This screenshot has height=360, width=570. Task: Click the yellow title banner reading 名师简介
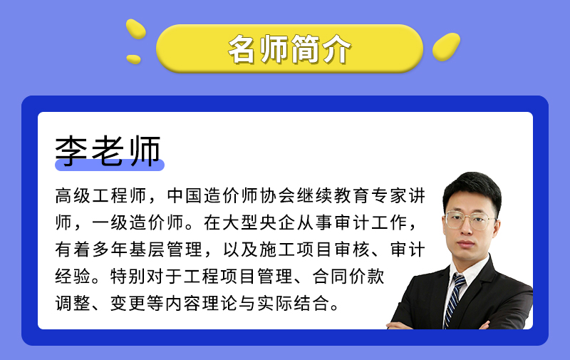(x=289, y=48)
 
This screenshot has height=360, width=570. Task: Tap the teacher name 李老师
(x=108, y=150)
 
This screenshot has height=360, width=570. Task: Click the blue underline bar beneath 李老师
(x=110, y=165)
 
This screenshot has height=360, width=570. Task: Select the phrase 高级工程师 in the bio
(x=101, y=195)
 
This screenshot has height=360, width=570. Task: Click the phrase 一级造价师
(x=138, y=222)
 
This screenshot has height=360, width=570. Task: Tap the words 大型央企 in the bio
(x=259, y=222)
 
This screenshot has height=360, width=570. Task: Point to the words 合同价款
(x=348, y=276)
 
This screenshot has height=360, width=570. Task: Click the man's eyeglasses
(x=470, y=220)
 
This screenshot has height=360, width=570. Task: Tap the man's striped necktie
(x=452, y=300)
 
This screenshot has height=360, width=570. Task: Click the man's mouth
(x=466, y=243)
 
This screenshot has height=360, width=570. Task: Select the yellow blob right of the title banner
(x=446, y=46)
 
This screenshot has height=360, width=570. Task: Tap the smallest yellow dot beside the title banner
(x=133, y=59)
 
